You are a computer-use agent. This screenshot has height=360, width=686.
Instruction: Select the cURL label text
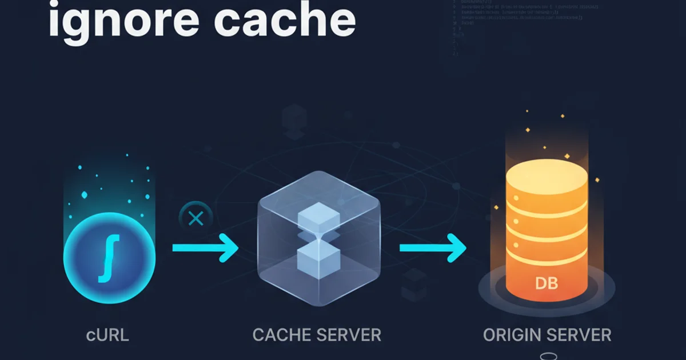tap(107, 334)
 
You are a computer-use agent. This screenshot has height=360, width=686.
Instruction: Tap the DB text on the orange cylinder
tap(547, 282)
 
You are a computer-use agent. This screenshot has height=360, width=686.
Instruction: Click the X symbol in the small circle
tap(196, 218)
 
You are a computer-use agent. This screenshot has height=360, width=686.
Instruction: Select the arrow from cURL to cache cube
tap(205, 248)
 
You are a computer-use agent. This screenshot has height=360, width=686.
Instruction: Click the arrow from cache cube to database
tap(432, 248)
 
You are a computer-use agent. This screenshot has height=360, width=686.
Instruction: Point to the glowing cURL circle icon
tap(109, 257)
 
